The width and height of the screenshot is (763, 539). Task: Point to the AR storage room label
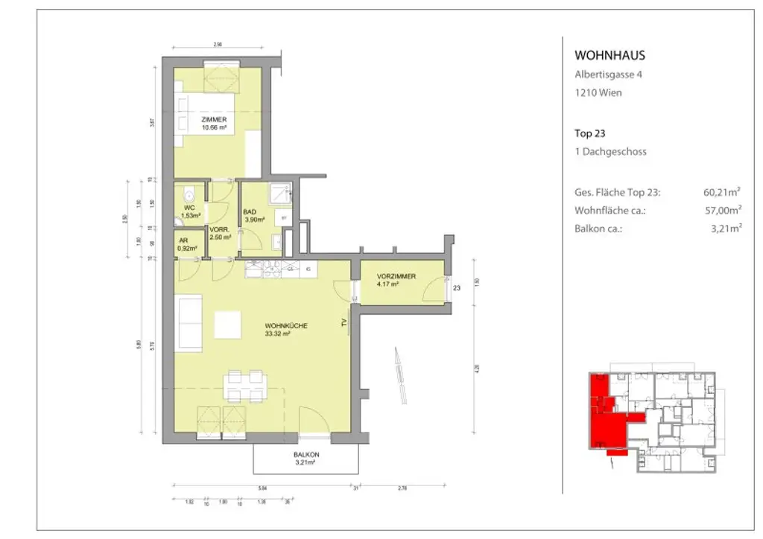pos(183,241)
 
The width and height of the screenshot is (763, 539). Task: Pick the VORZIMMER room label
pos(396,276)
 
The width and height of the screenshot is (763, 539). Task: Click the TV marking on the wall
pos(343,323)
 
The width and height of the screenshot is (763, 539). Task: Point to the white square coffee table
pos(228,325)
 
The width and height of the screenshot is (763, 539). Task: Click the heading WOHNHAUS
pos(610,55)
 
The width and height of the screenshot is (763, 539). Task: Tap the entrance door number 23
pos(458,288)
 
